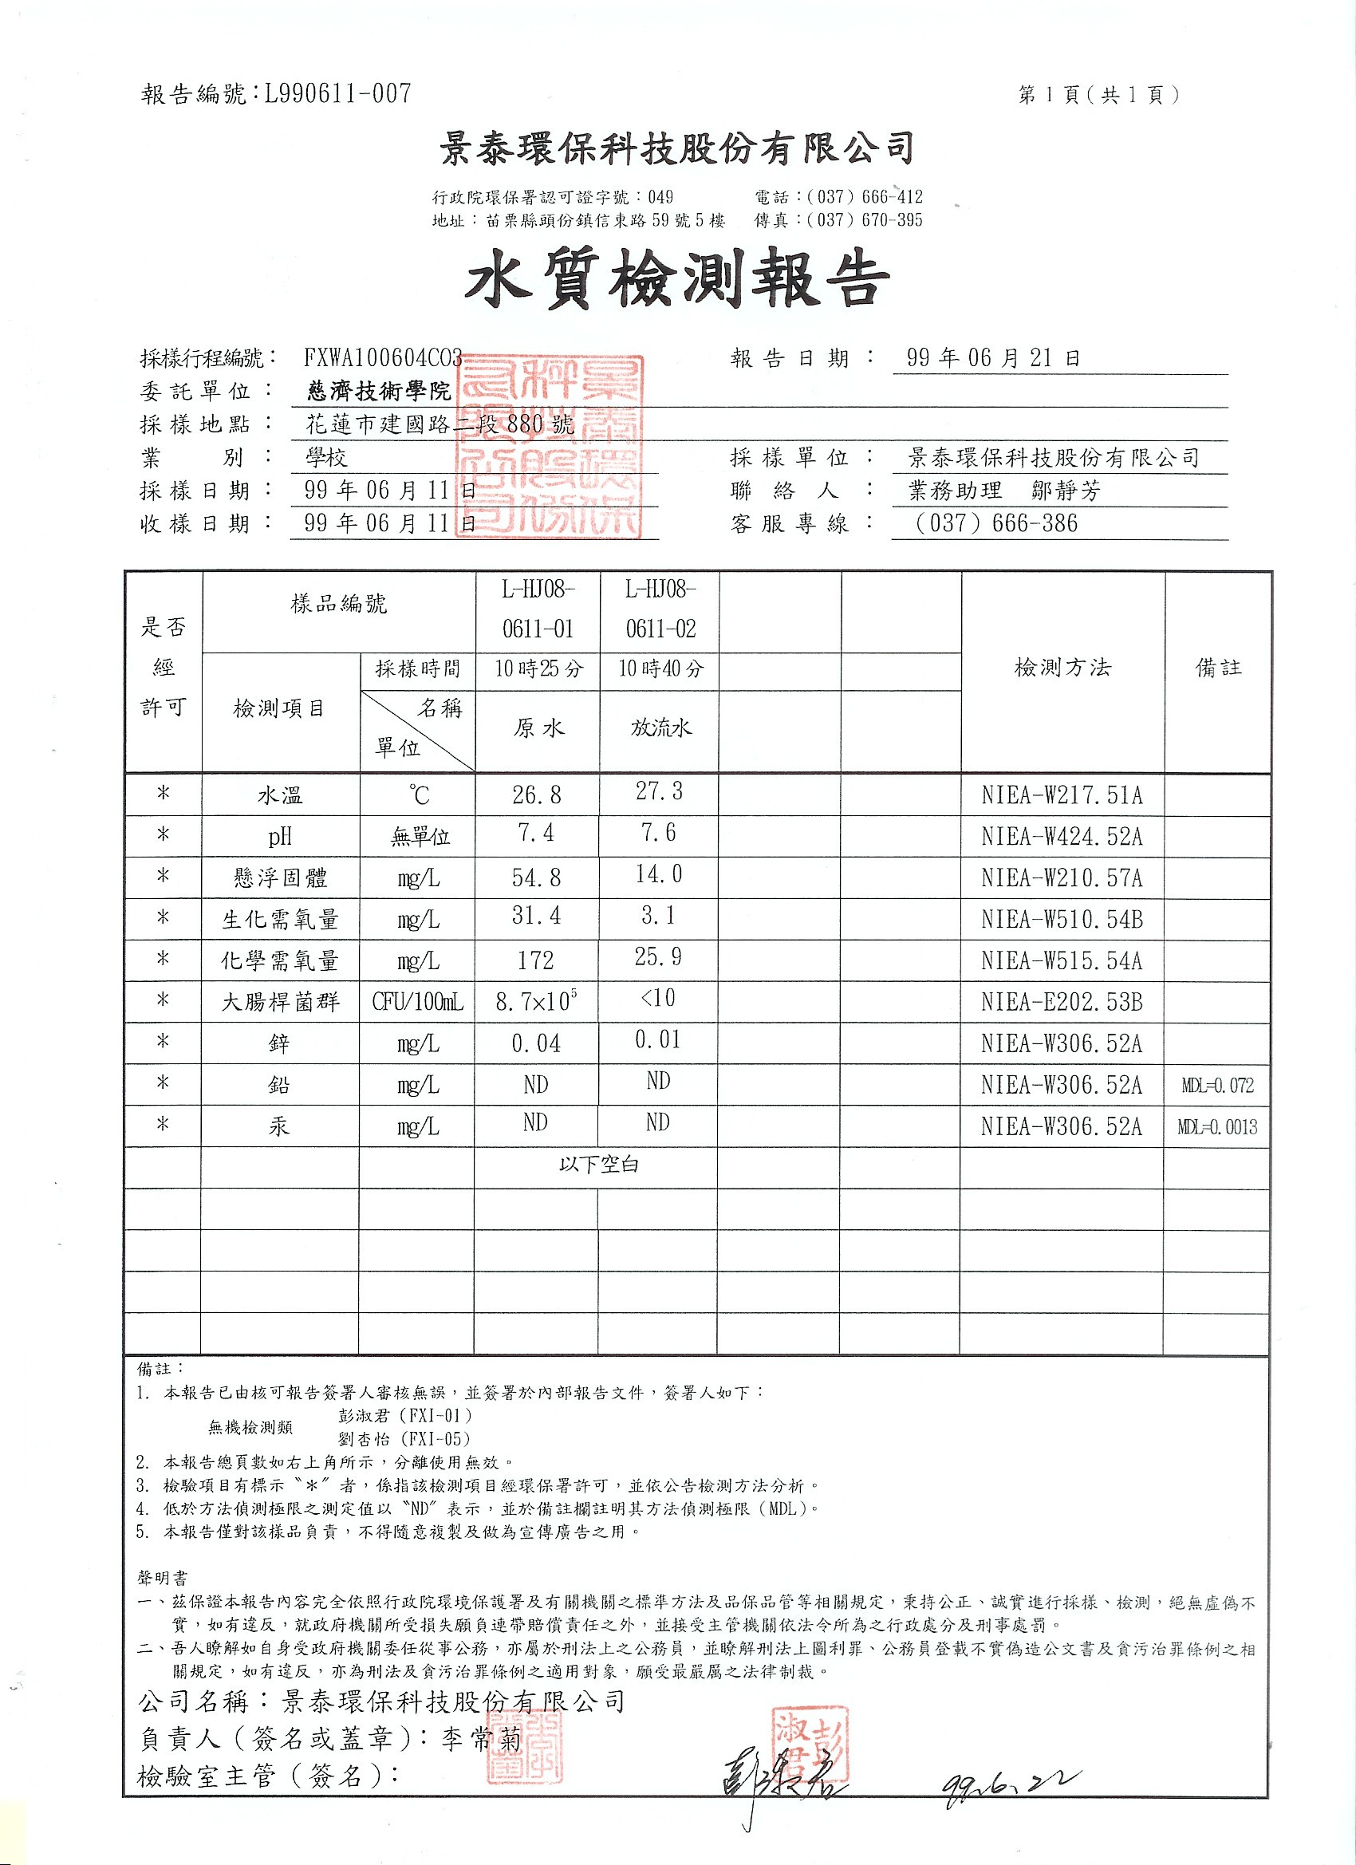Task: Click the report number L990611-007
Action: pyautogui.click(x=337, y=95)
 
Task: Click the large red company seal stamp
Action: pyautogui.click(x=550, y=447)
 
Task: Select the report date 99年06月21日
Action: pyautogui.click(x=992, y=357)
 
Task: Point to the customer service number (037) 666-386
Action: pyautogui.click(x=995, y=523)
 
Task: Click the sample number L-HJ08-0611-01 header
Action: pyautogui.click(x=538, y=609)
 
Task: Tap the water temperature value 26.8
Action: pyautogui.click(x=536, y=795)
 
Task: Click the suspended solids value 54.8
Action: pyautogui.click(x=536, y=878)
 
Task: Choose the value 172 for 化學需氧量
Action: pyautogui.click(x=536, y=960)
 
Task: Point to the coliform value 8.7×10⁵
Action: pyautogui.click(x=536, y=1002)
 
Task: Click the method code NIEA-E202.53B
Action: pyautogui.click(x=1061, y=1003)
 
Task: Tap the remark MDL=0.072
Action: pyautogui.click(x=1217, y=1086)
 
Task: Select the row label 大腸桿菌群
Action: pyautogui.click(x=281, y=1003)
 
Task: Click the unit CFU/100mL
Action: pyautogui.click(x=418, y=1003)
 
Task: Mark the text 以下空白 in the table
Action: pyautogui.click(x=597, y=1165)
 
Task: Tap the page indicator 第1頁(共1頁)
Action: pyautogui.click(x=1098, y=96)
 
